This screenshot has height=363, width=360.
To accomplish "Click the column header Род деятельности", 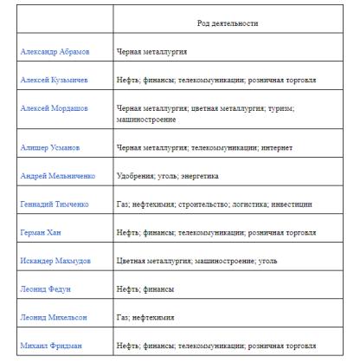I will [228, 23].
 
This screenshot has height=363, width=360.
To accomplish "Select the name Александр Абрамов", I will [54, 52].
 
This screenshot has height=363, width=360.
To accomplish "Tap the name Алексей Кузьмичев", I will [54, 80].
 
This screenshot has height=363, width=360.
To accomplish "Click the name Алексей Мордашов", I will [55, 109].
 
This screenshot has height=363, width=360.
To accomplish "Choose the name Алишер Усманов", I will [50, 147].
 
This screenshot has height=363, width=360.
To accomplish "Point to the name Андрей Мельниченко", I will [58, 176].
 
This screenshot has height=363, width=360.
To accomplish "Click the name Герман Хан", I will [41, 233].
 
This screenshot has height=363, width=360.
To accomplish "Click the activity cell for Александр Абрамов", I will [154, 52].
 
